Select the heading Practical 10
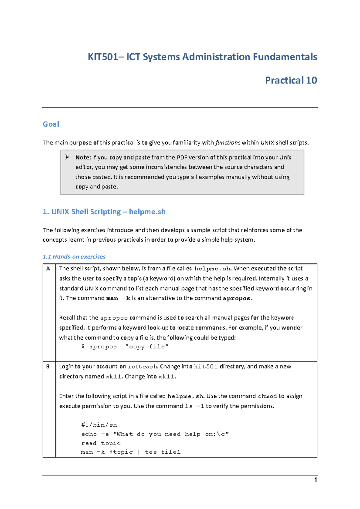291,80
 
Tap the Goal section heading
51,124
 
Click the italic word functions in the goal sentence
228,143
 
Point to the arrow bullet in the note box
67,157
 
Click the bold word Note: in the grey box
83,157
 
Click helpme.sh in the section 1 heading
147,212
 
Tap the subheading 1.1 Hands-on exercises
74,257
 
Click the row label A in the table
48,269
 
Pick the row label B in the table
48,366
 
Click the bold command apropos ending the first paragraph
236,298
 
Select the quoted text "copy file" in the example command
147,347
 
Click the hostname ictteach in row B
142,367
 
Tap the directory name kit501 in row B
206,367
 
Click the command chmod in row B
267,396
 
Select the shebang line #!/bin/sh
99,425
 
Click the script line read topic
101,443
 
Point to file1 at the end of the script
171,452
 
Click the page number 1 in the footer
315,480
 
